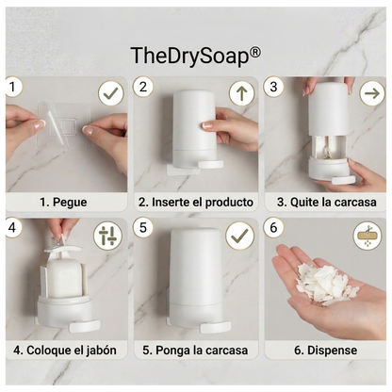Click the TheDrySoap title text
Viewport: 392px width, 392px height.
click(196, 56)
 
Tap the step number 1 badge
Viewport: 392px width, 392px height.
click(13, 88)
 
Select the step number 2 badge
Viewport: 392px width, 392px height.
click(143, 88)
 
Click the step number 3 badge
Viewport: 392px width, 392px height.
click(274, 88)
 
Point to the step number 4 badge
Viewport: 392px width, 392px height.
click(13, 228)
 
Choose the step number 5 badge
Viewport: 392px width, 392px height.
click(143, 228)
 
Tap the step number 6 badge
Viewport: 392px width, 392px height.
click(274, 228)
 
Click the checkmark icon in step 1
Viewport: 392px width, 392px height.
click(111, 93)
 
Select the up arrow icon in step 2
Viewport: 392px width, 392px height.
click(241, 93)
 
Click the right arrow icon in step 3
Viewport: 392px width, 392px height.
click(371, 93)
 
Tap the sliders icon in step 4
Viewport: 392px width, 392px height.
click(109, 236)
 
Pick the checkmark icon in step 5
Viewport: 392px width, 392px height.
click(240, 236)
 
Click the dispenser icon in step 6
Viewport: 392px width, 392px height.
click(370, 236)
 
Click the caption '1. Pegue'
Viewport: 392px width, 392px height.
click(64, 203)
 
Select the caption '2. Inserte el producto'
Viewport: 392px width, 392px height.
click(195, 203)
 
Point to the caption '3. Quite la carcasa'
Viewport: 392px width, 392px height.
click(326, 203)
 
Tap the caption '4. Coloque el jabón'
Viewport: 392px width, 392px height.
click(65, 350)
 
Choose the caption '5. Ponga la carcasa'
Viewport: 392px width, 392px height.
click(195, 350)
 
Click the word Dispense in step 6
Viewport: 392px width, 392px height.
click(332, 350)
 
